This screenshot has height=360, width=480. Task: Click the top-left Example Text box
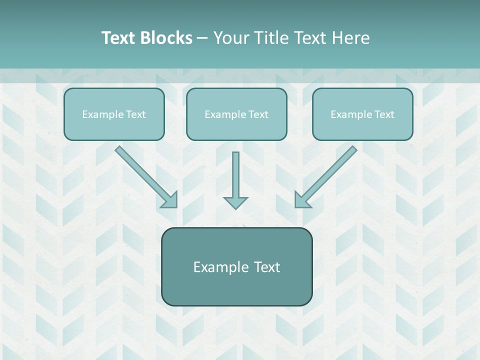[x=114, y=114]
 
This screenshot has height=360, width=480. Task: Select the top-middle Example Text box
[x=236, y=114]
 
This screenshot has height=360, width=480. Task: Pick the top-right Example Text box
[x=362, y=114]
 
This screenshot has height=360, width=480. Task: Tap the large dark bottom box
[x=236, y=266]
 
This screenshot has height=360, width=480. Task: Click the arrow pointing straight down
[x=235, y=180]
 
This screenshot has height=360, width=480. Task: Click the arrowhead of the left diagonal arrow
[x=170, y=200]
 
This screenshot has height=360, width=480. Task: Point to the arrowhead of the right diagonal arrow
[x=301, y=200]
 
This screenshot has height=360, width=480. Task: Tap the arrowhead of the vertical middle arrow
[x=235, y=202]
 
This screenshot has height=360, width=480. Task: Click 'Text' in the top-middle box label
[x=258, y=114]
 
